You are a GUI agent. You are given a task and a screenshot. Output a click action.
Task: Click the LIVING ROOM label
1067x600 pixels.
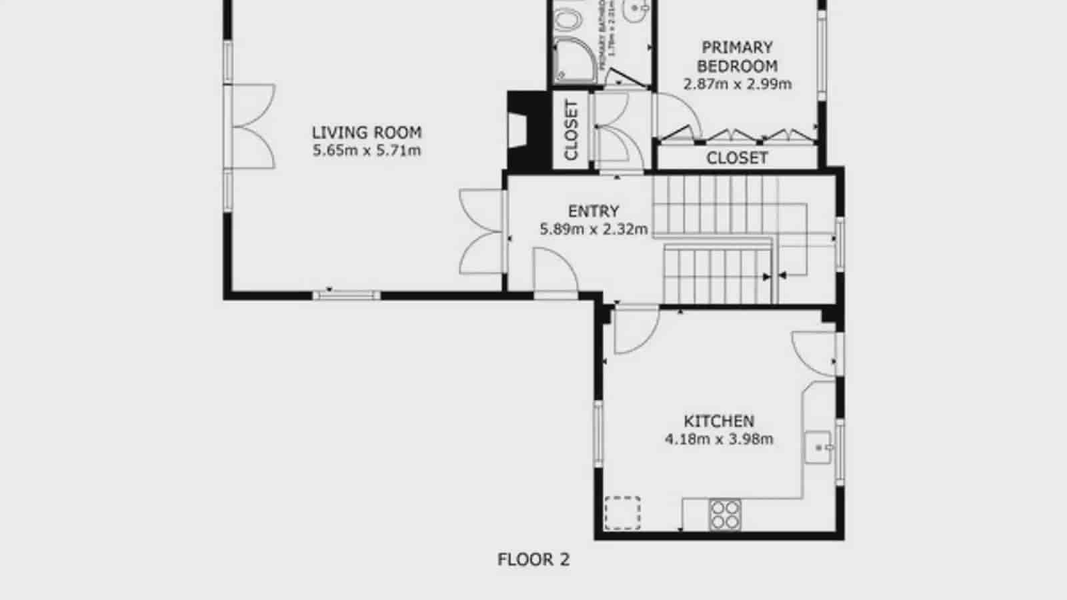[367, 132]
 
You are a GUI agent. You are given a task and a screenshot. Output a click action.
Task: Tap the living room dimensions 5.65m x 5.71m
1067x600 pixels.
[367, 151]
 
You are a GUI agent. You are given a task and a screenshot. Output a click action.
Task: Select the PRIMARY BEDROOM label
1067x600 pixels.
[737, 57]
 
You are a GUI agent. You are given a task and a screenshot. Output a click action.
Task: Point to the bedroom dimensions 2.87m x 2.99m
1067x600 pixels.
[737, 85]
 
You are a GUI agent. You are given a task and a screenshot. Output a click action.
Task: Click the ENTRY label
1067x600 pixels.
[594, 211]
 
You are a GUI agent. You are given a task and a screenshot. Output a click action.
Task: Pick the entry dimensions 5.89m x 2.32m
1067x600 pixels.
[594, 230]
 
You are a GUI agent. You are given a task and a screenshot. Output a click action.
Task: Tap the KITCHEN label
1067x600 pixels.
[719, 421]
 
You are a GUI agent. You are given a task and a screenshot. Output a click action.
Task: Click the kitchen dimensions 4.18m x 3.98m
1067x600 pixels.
[719, 439]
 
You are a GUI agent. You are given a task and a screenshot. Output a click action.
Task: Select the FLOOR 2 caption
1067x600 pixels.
[533, 559]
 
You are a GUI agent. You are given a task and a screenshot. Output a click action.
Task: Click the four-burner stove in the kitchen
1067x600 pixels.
[725, 514]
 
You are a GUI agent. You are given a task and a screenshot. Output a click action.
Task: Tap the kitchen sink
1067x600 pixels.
[818, 447]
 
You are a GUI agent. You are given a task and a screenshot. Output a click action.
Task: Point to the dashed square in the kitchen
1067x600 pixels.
[622, 513]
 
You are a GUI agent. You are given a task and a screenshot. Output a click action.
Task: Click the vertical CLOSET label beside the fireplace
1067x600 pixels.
[571, 130]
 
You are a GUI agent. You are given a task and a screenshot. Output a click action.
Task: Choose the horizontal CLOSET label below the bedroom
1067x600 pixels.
[737, 158]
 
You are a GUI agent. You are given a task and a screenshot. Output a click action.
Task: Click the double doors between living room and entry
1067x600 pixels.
[481, 231]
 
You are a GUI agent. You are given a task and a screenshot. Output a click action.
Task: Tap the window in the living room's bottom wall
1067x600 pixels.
[346, 294]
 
